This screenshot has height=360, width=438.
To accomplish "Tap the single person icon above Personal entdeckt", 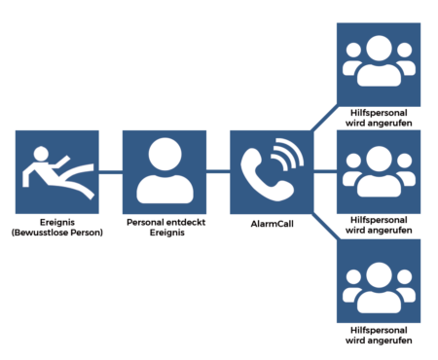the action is pos(164,171).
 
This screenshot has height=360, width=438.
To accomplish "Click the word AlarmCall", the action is pos(272,224).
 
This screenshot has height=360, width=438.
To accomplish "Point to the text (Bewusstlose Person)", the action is pos(57,233).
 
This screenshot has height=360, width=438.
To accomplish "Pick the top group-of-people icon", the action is pos(379,61).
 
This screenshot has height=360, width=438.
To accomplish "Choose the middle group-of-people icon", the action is pos(379,171).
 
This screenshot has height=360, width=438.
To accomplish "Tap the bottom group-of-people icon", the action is pos(379,288).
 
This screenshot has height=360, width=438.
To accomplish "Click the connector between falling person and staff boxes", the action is pos(111,172).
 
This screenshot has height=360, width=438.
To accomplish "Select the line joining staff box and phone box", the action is pos(218,171).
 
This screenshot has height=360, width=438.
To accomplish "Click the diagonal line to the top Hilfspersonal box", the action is pos(325,118).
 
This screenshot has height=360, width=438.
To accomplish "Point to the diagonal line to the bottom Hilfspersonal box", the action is pos(326,227).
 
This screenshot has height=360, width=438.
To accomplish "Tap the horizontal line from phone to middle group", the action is pos(325,171).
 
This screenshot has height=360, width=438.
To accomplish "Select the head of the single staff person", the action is pos(164,154).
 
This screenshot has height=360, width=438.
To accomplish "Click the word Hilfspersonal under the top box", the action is pos(379,113).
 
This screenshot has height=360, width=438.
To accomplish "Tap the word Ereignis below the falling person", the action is pos(57,223).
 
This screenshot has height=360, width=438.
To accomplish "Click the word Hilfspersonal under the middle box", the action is pos(379,220).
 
